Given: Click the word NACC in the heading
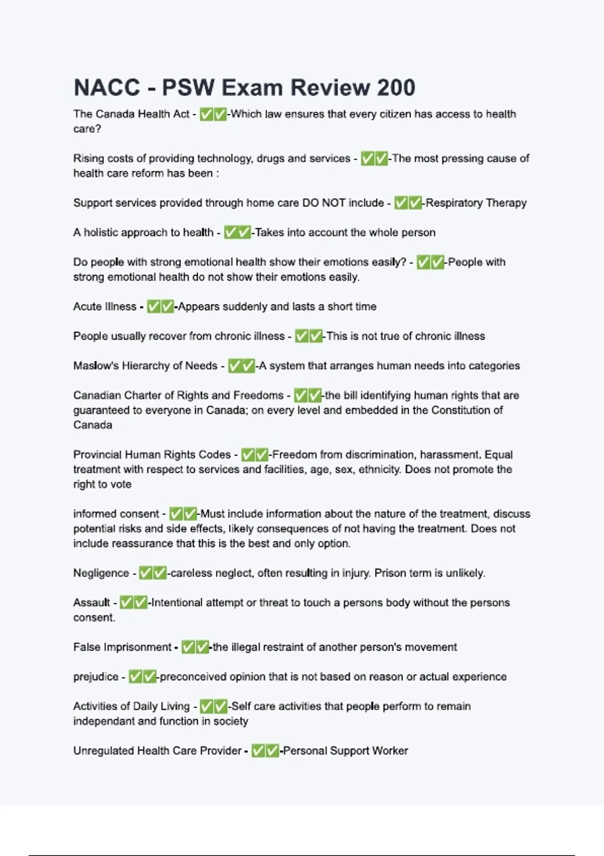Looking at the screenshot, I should tap(107, 88).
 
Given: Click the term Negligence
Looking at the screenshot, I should tap(101, 573).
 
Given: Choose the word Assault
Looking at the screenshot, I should tap(92, 603).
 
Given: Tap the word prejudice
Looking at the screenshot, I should tap(96, 677).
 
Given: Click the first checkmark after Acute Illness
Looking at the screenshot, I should tap(153, 307).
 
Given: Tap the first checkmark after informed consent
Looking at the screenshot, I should tap(176, 514).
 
